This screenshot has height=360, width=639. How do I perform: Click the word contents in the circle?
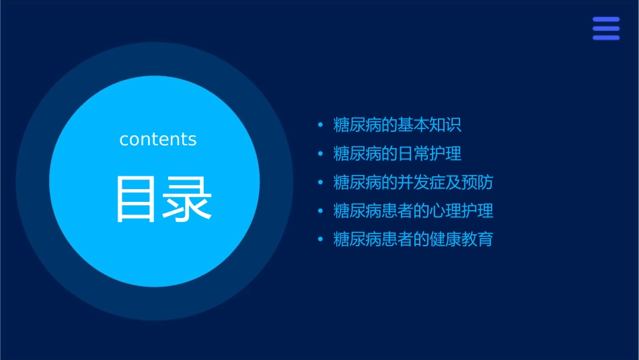point(158,139)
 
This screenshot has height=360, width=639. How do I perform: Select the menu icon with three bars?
point(605,29)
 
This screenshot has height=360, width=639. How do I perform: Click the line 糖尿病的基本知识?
point(398,125)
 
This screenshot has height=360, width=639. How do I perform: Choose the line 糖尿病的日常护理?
point(398,153)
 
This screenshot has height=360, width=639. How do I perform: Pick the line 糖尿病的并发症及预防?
point(414,182)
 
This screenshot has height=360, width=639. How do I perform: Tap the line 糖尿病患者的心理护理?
point(414,211)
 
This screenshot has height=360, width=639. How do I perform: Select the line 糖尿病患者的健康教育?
point(414,240)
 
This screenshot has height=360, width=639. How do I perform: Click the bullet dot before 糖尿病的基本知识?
point(320,125)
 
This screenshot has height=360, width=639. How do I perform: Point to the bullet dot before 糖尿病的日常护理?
point(320,154)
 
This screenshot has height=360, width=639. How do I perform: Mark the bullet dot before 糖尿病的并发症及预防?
point(320,182)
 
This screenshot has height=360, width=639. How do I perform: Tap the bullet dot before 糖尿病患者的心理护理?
point(320,211)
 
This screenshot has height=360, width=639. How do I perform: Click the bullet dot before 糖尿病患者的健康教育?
point(320,240)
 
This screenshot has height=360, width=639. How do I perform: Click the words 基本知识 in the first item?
point(430,125)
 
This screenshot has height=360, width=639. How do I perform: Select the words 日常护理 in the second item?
point(430,153)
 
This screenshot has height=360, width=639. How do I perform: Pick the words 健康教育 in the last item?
point(461,240)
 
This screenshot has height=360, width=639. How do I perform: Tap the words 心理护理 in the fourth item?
point(461,211)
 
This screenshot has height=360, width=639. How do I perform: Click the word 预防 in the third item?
point(478,182)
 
